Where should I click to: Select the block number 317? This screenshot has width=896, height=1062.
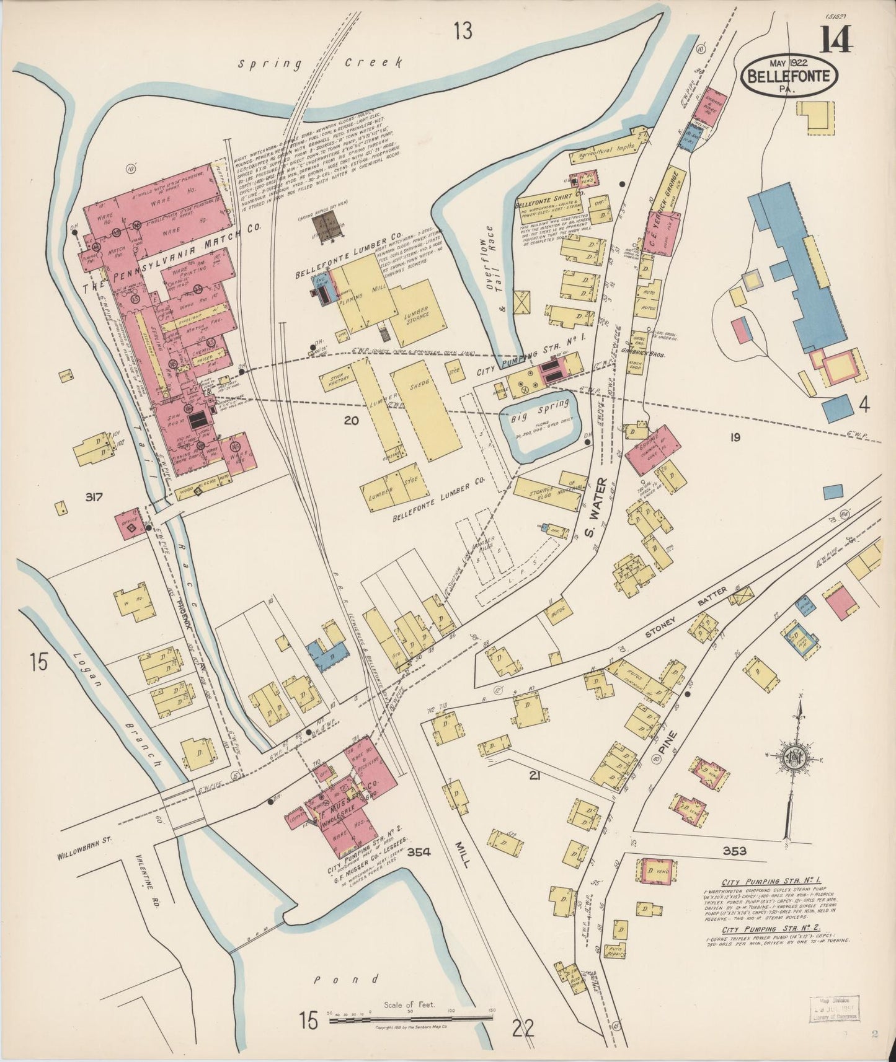[98, 496]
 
